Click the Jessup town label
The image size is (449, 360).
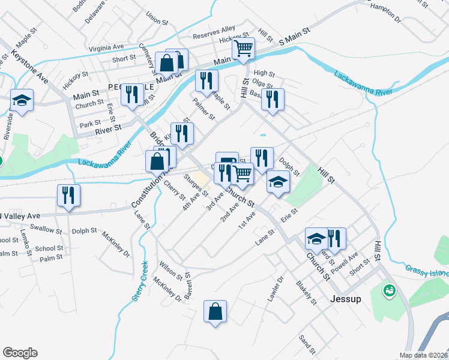tap(346, 298)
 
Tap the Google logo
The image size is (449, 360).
tap(20, 353)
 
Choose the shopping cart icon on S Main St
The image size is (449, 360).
tap(243, 48)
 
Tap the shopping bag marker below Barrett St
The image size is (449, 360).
tap(215, 311)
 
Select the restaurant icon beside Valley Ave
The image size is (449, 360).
tap(68, 195)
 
